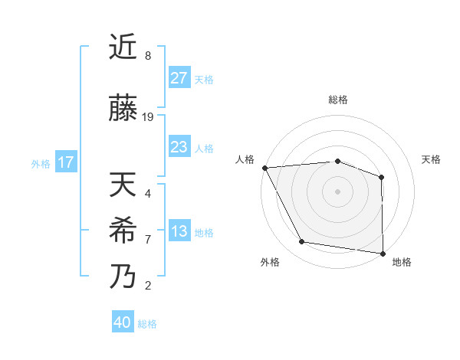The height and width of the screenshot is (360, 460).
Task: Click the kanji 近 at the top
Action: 123,47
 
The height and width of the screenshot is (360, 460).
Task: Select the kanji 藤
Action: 123,109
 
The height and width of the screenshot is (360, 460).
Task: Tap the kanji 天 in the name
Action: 123,185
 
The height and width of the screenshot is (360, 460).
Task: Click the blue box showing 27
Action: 179,78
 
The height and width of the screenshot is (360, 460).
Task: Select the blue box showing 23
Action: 179,148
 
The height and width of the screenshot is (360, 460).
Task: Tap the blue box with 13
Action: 179,232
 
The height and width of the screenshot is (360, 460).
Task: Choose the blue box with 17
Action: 65,162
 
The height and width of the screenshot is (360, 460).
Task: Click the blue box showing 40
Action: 122,322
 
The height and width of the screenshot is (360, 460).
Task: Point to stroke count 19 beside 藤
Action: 148,117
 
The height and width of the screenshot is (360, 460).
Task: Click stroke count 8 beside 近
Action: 148,56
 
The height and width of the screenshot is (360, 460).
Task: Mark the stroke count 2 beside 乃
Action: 148,286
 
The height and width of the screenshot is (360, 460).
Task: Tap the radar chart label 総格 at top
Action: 337,100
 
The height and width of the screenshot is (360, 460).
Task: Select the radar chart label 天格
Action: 432,159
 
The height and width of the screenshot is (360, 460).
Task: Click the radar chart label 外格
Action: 270,262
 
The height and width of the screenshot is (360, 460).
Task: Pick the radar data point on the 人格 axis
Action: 264,168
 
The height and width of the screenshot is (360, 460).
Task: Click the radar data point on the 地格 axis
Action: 383,253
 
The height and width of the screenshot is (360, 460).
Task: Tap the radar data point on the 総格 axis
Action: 337,161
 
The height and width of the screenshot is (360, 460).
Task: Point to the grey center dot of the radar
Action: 337,191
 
